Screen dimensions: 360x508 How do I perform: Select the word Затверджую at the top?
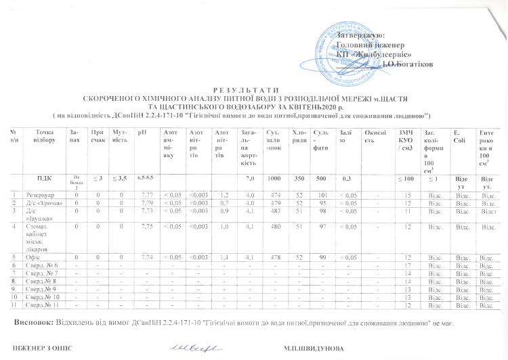coord(362,35)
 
